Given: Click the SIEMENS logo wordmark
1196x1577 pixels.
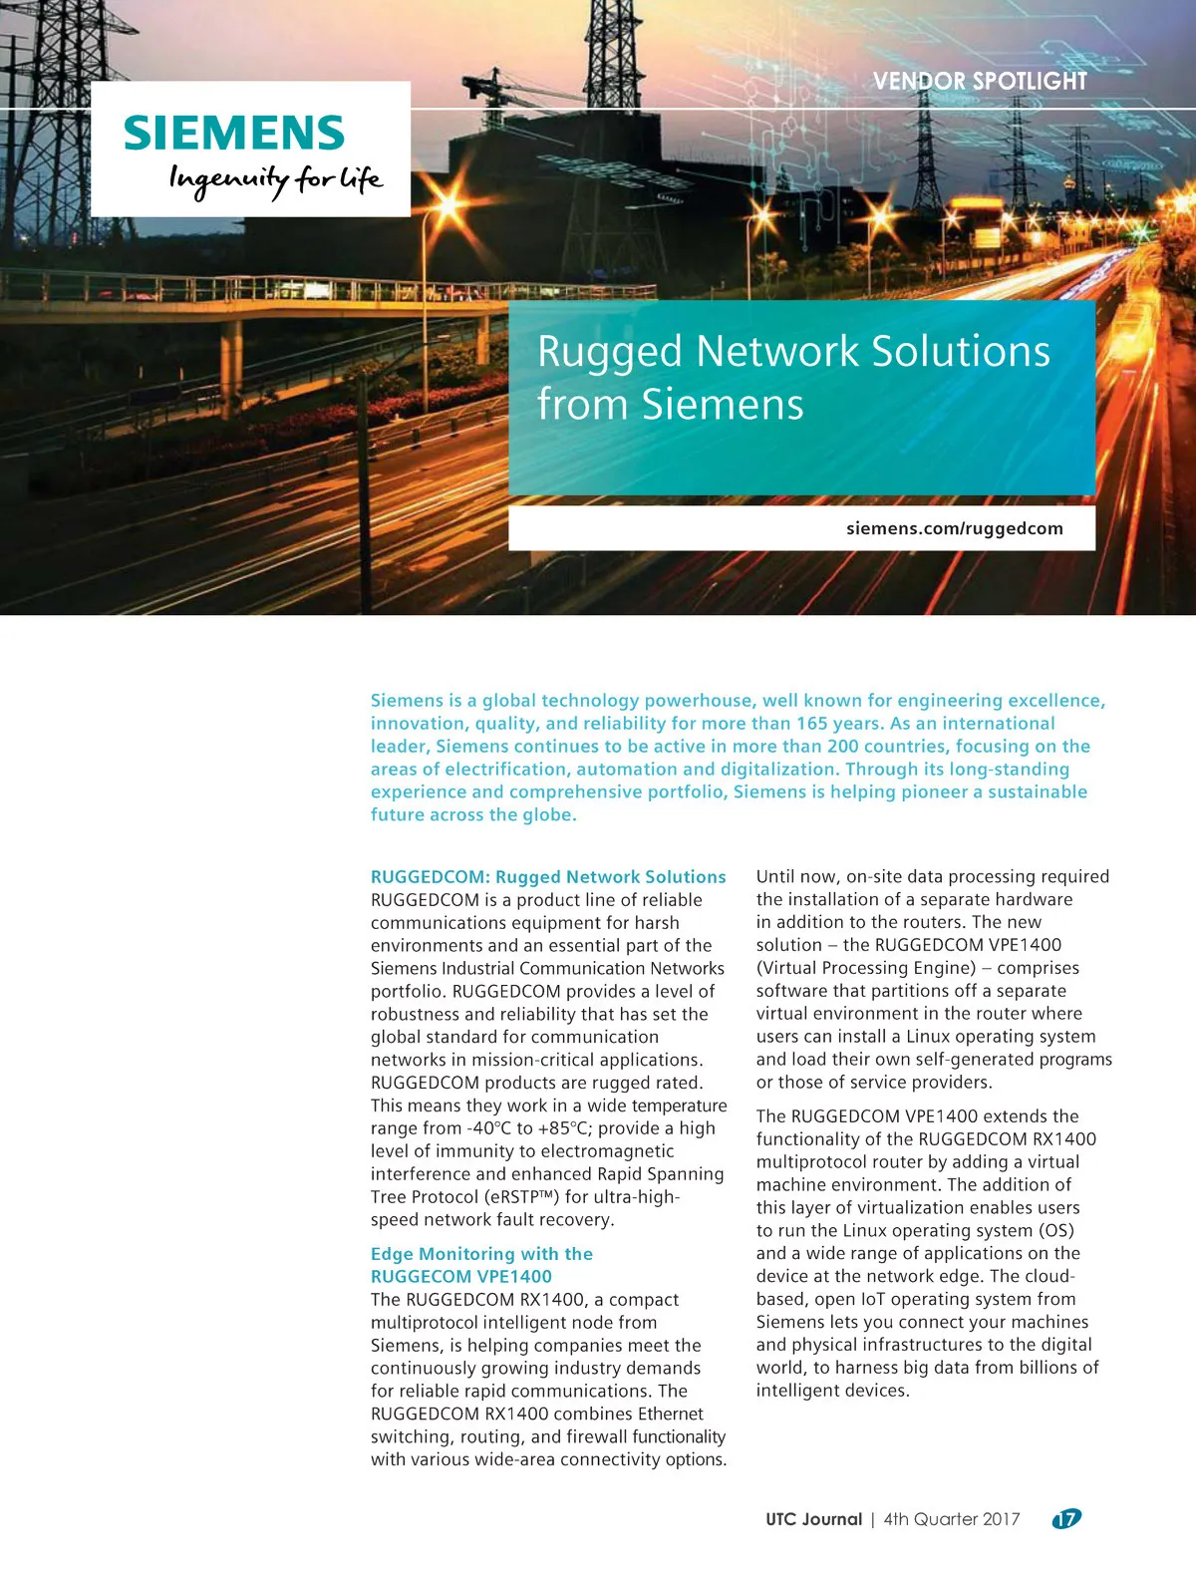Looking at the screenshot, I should [x=234, y=133].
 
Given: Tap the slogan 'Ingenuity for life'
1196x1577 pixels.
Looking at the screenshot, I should [x=275, y=180].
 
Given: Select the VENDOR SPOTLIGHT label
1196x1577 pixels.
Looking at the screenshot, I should [x=980, y=82].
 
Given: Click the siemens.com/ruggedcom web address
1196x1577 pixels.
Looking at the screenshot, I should [x=954, y=528].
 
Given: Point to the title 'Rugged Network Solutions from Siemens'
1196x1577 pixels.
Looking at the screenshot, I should [x=793, y=378].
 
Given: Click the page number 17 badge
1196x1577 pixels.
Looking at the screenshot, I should [x=1066, y=1519].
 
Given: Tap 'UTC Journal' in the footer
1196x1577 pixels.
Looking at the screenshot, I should [x=813, y=1519].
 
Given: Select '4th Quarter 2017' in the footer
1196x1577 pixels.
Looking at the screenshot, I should [x=952, y=1519].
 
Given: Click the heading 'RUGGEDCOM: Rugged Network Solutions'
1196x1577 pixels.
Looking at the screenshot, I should [x=548, y=877].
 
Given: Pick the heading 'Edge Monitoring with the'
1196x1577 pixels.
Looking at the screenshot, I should [x=481, y=1254].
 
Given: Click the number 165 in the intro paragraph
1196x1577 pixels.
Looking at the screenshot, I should [x=812, y=724].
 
